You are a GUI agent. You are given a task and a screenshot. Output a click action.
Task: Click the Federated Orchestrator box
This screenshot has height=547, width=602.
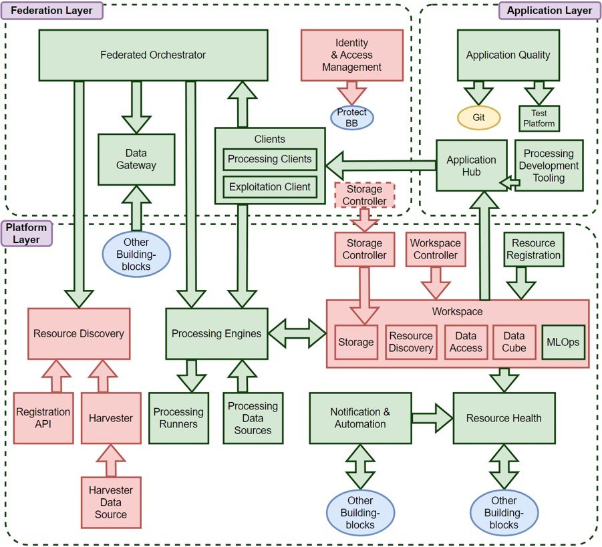tap(153, 55)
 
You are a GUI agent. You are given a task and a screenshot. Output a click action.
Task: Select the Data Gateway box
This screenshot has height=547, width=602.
tap(136, 160)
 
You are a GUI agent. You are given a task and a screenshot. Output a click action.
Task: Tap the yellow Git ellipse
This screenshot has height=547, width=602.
tap(478, 118)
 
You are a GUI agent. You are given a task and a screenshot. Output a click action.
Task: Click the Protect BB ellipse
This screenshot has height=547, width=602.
tap(351, 118)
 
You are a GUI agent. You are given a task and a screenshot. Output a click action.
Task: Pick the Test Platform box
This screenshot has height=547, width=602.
tap(539, 119)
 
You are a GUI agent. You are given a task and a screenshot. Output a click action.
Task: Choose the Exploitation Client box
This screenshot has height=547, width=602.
tap(270, 187)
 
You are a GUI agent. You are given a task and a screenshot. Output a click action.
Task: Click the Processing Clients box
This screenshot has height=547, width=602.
tap(270, 160)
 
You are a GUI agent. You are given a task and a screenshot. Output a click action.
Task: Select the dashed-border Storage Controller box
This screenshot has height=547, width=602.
tap(364, 196)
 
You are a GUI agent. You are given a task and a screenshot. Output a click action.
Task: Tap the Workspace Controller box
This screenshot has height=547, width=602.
tap(436, 249)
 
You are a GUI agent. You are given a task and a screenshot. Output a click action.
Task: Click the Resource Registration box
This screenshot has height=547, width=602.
tap(534, 249)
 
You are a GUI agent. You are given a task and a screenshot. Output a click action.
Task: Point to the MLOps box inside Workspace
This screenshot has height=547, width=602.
tap(563, 343)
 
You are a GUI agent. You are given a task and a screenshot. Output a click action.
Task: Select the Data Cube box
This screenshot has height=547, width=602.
tap(514, 343)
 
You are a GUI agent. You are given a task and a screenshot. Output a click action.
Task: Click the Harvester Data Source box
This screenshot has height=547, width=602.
tap(111, 502)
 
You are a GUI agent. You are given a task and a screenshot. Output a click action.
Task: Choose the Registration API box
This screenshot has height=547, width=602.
tap(43, 418)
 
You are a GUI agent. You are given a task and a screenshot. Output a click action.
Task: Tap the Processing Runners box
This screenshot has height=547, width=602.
tap(179, 418)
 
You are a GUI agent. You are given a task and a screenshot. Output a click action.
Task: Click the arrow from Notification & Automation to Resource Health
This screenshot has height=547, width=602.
tap(432, 418)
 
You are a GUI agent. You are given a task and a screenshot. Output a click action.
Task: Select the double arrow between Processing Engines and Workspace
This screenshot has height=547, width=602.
tap(297, 333)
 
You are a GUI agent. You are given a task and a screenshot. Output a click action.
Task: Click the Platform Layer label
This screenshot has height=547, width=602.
tap(26, 233)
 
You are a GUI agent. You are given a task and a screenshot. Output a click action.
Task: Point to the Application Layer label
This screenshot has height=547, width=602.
tap(549, 11)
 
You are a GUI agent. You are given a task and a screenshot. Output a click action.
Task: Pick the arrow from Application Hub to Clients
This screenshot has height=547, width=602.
tap(381, 166)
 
